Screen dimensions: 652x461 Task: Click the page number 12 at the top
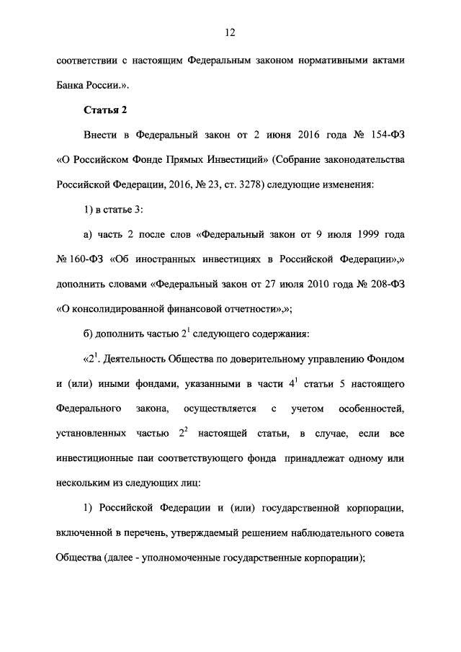coord(230,32)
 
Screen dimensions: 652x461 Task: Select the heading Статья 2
coord(105,109)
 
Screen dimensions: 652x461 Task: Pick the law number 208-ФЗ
coord(385,285)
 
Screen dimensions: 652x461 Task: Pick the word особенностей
coord(369,410)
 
